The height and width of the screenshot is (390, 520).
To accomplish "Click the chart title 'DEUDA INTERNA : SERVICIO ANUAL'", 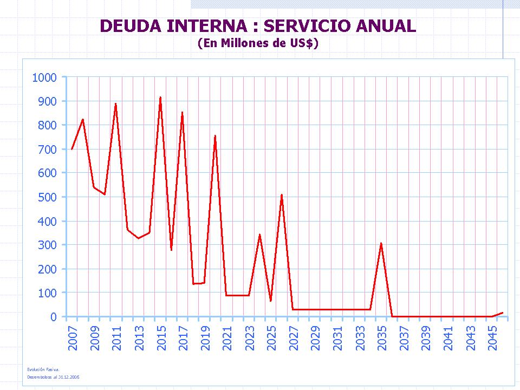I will click(258, 25).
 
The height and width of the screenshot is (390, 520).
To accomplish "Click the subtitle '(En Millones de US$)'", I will click(258, 43).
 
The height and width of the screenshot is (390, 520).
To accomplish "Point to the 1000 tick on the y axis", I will click(44, 77).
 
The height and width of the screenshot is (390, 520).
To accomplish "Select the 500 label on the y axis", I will click(47, 197).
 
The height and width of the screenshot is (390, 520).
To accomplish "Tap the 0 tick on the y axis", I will click(54, 317).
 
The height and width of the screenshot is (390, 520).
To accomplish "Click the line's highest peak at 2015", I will click(160, 97).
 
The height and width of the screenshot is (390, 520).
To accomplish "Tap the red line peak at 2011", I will click(116, 103).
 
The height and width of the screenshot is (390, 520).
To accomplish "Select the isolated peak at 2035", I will click(381, 243).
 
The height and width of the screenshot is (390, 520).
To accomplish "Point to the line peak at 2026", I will click(282, 194).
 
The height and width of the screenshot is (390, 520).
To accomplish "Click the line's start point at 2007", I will click(71, 149).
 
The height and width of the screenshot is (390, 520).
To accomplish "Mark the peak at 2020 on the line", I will click(215, 135).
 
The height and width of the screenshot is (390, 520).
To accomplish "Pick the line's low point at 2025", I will click(271, 301).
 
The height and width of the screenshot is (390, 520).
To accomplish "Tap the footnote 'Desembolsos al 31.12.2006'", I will click(53, 376).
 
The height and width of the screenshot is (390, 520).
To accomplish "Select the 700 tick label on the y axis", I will click(47, 149).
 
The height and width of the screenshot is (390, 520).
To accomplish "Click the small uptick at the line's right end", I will click(503, 313).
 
